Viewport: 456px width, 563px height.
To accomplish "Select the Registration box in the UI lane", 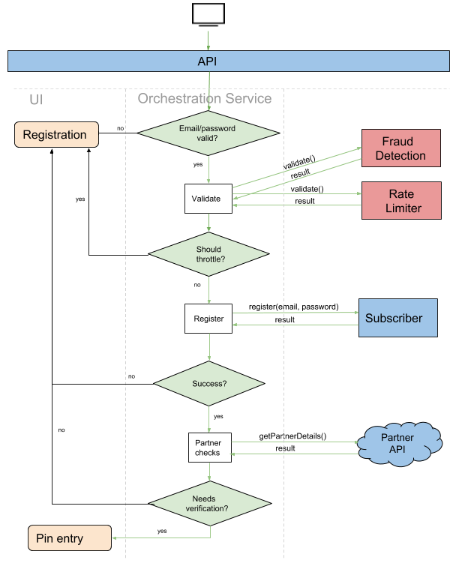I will click(x=56, y=135).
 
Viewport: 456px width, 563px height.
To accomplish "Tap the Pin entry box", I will click(x=69, y=538).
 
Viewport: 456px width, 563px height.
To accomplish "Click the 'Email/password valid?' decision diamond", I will click(x=208, y=133).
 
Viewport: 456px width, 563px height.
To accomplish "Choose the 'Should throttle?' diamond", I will click(x=208, y=254).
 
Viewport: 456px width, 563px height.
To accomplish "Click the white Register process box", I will click(x=208, y=319).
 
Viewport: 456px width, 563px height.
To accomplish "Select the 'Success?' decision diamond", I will click(x=208, y=384).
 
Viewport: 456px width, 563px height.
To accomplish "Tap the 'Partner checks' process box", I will click(x=208, y=448).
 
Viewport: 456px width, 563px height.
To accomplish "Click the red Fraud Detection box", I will click(x=400, y=148).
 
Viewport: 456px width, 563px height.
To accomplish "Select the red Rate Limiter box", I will click(x=400, y=201).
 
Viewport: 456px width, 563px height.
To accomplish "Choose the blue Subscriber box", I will click(x=397, y=318).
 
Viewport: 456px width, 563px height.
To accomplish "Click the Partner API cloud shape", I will click(x=397, y=443).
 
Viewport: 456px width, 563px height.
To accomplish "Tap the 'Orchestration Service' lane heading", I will click(x=204, y=99).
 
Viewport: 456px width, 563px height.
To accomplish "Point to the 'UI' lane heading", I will click(x=36, y=99).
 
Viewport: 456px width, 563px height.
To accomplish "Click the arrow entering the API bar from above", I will click(x=208, y=41).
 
